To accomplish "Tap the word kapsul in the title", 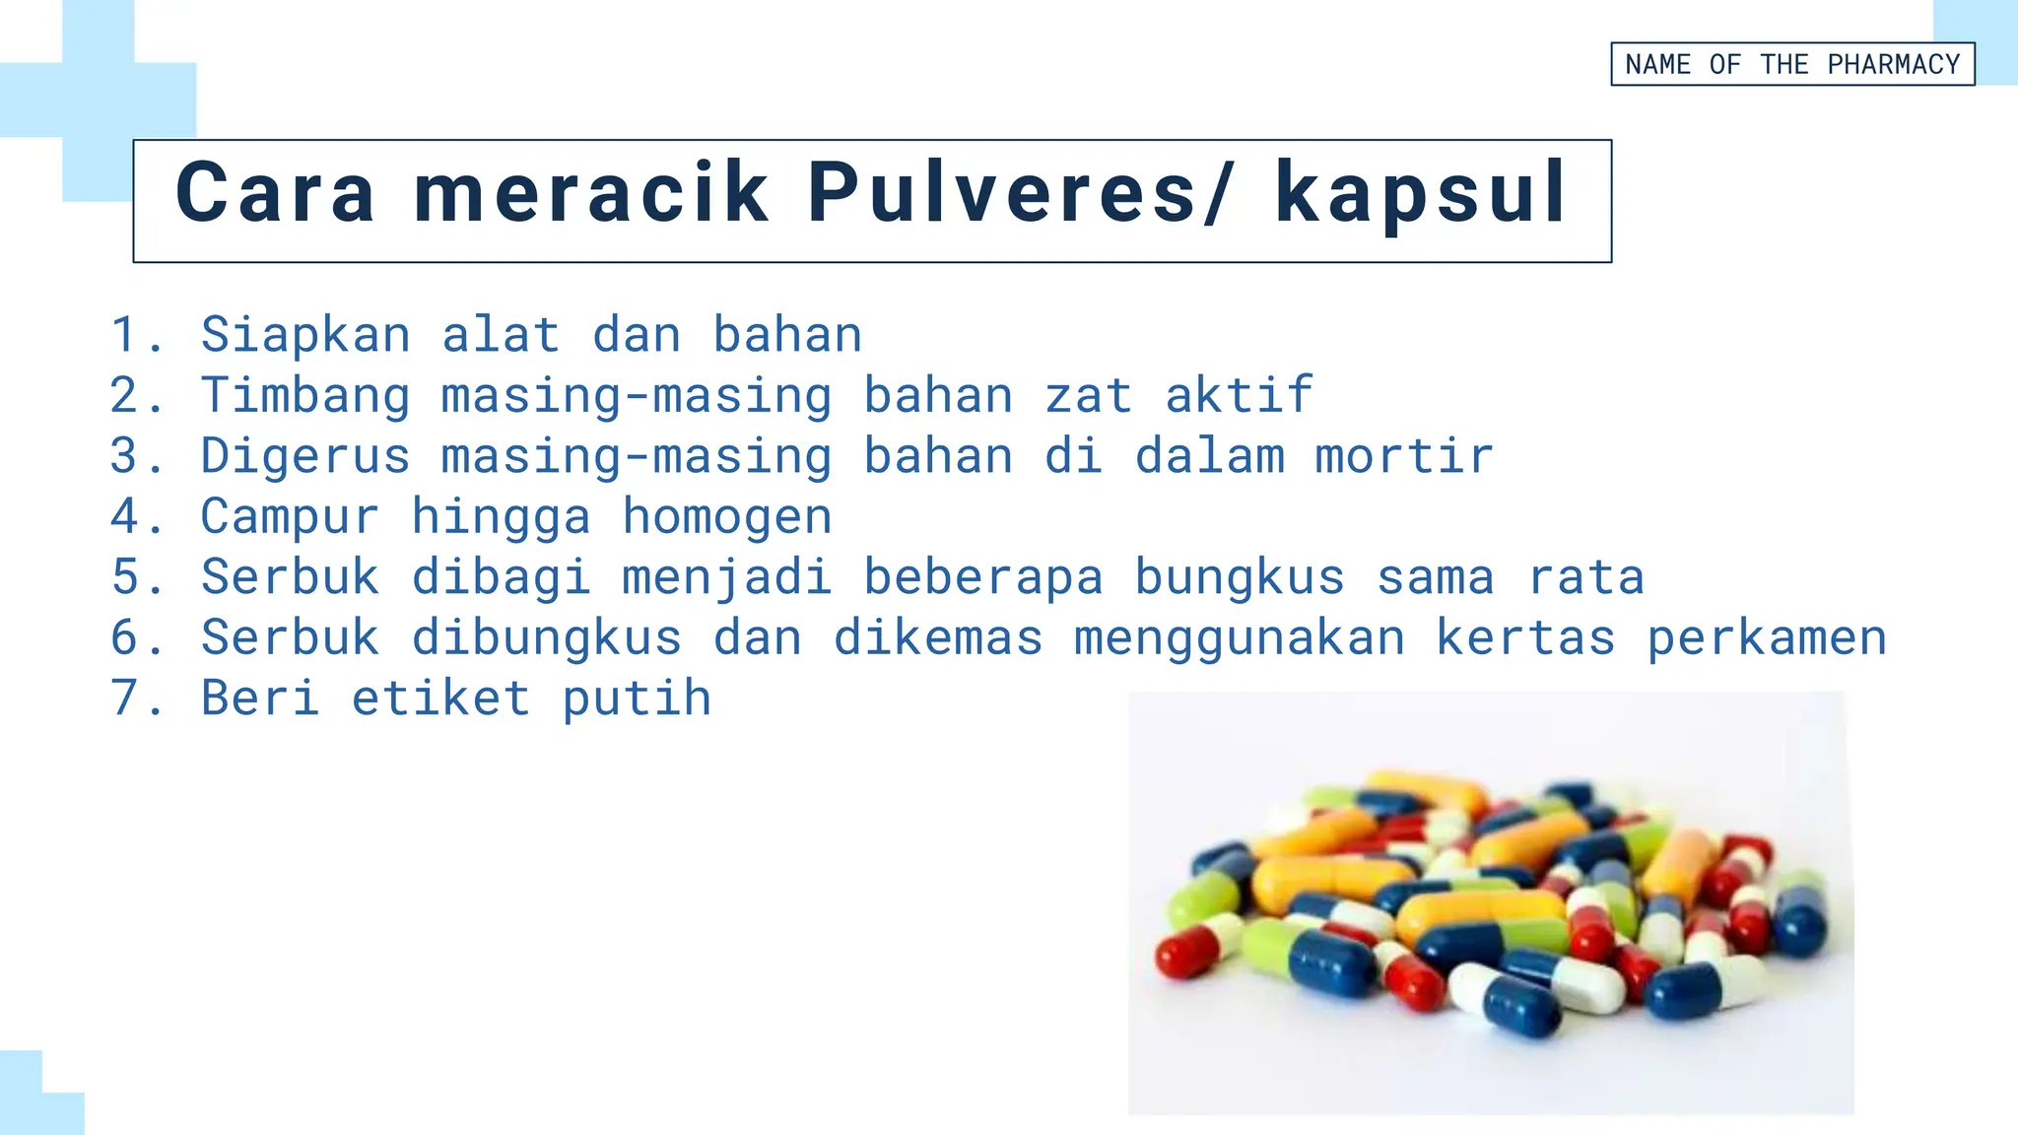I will (1420, 192).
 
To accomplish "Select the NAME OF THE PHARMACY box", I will (1791, 64).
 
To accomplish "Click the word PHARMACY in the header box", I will (1893, 64).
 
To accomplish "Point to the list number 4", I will (125, 516).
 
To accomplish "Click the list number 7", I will (125, 698).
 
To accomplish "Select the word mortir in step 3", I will (1403, 456).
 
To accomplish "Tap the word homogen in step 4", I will (727, 516).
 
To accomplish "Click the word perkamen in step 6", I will (1766, 637).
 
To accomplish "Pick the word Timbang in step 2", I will (305, 396).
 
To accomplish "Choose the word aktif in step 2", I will (1239, 395).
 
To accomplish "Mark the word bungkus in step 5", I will (1239, 577).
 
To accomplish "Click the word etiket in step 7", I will (440, 698).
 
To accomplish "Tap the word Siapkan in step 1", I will (305, 335).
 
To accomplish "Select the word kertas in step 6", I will (1524, 637).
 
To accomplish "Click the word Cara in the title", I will (275, 192).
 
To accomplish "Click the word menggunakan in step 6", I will (1239, 637).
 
